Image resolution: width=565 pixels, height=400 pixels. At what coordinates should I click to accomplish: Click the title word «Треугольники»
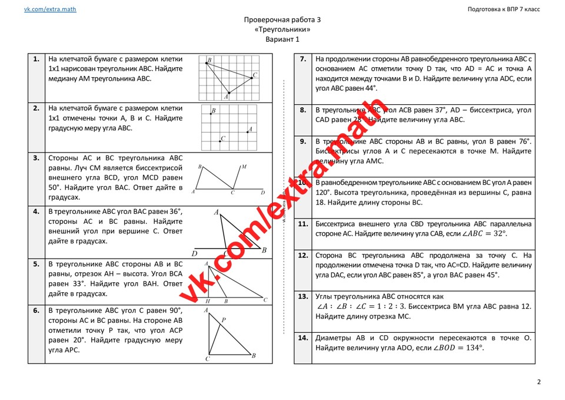point(282,29)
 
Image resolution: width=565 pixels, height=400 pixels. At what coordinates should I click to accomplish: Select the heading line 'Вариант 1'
point(282,39)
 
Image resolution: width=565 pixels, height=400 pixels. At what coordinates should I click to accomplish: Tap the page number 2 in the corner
point(539,382)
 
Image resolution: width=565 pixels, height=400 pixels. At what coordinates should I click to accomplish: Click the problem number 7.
point(303,59)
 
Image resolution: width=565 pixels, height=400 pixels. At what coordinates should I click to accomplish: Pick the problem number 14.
point(303,338)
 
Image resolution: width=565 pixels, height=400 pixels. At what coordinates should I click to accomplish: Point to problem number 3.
point(36,158)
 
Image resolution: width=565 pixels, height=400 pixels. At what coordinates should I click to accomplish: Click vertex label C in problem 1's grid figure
point(254,75)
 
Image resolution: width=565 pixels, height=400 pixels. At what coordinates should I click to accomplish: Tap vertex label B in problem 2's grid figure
point(213,111)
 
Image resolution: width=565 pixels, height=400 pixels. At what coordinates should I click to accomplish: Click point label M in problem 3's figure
point(244,167)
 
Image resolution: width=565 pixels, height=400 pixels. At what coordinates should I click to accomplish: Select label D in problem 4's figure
point(195,254)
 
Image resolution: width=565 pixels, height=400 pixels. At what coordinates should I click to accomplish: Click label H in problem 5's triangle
point(207,301)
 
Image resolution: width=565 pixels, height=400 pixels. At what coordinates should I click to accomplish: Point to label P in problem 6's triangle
point(223,320)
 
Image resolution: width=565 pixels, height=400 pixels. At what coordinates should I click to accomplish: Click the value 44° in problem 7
point(368,88)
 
